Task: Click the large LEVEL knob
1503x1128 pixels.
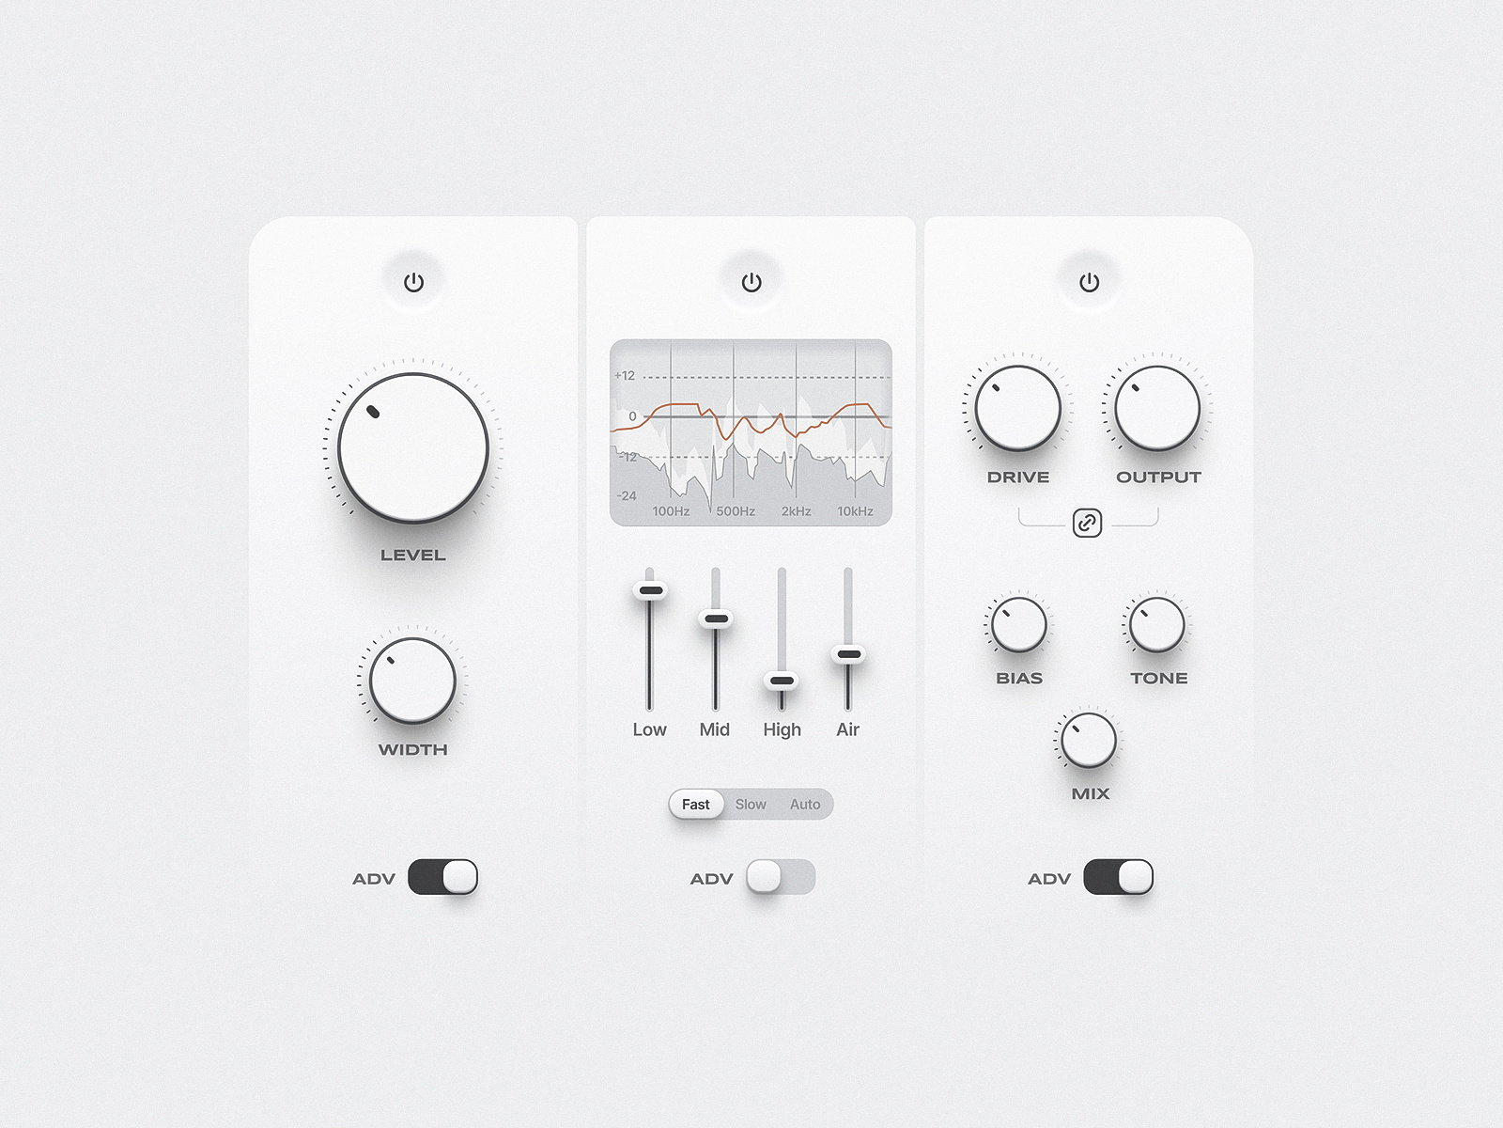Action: (413, 447)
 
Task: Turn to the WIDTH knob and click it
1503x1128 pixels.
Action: (412, 681)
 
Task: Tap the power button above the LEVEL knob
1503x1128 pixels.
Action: (413, 282)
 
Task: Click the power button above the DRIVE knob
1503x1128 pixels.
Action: (1089, 282)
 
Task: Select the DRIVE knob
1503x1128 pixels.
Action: (1017, 408)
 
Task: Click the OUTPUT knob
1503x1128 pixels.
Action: (1157, 408)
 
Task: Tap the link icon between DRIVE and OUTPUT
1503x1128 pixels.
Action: (1087, 523)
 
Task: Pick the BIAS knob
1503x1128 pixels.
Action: (1018, 624)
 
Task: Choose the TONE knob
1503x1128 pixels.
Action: (1156, 624)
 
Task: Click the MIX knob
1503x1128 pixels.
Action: (1089, 740)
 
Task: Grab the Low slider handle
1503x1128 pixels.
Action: (650, 590)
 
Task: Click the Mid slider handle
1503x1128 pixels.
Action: (716, 619)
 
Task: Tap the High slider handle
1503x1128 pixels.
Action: (782, 681)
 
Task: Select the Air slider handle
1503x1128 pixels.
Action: (848, 654)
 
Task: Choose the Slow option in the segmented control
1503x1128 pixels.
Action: (751, 805)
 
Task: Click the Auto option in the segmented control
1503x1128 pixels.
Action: (805, 805)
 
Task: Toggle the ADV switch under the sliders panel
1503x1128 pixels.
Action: (781, 877)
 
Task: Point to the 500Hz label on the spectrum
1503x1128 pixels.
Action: (736, 511)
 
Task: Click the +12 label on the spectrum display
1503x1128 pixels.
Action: (625, 376)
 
